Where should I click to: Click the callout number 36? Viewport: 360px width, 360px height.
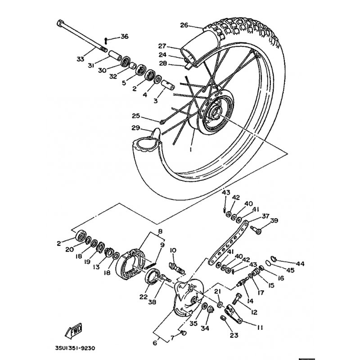coord(125,36)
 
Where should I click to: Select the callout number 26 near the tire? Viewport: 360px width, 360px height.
coord(184,25)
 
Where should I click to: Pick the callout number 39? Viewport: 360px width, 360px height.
coord(274,220)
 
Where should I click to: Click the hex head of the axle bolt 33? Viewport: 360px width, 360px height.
coord(60,23)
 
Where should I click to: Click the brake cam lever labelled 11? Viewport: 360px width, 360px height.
coord(234,313)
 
